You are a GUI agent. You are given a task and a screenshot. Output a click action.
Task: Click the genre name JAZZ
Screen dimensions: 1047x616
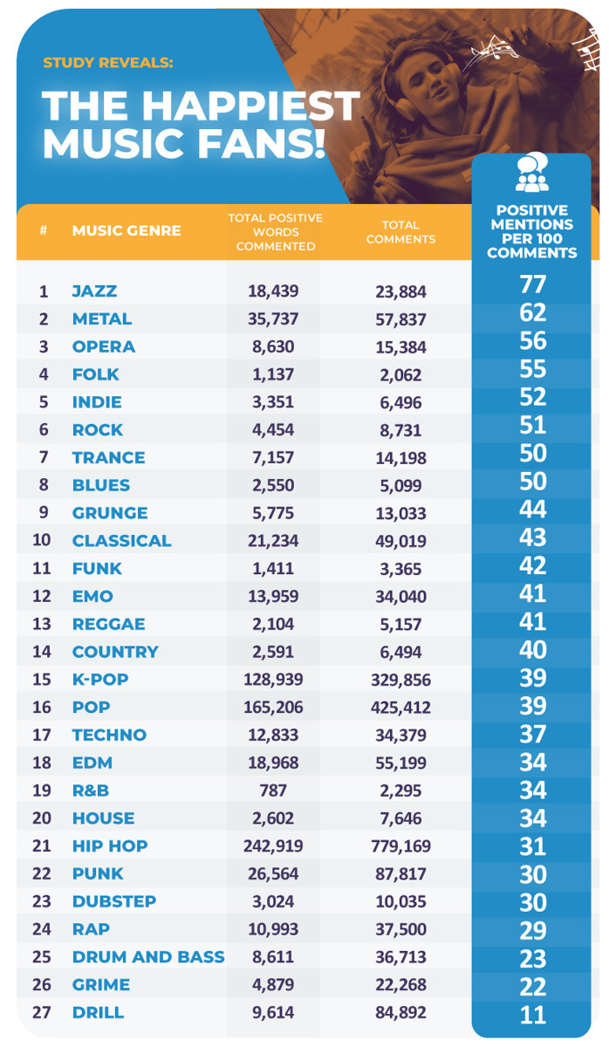click(94, 291)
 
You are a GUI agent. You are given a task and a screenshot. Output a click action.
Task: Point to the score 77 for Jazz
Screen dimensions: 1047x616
click(532, 284)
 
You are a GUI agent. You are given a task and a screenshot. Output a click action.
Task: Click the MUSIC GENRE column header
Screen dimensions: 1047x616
click(127, 231)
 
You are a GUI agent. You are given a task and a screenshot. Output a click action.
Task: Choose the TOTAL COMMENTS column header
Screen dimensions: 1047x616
click(400, 231)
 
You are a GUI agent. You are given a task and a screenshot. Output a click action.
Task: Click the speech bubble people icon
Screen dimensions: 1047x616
click(531, 173)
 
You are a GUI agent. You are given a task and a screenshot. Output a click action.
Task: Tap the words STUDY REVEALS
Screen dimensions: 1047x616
click(108, 63)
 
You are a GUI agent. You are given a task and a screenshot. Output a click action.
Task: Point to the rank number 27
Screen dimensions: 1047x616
click(43, 1013)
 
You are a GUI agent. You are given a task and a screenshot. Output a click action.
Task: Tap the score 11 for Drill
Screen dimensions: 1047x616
click(532, 1015)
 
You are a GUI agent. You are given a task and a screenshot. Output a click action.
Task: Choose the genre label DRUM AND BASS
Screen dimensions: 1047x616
click(148, 957)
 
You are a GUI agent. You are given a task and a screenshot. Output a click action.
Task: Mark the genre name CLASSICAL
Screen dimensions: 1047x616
click(122, 541)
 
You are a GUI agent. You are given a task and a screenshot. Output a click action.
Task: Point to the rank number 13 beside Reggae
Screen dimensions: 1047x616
click(43, 625)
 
